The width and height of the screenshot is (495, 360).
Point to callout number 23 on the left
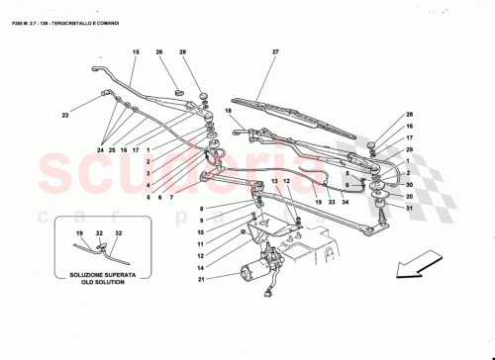click(x=65, y=116)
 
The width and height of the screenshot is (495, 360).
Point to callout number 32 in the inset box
click(x=117, y=232)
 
